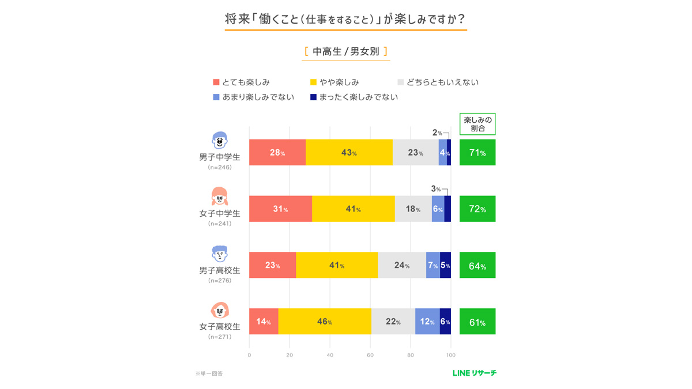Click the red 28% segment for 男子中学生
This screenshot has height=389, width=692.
click(x=277, y=153)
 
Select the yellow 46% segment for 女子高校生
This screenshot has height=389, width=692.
click(x=325, y=322)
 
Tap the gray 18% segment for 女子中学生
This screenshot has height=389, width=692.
click(x=413, y=209)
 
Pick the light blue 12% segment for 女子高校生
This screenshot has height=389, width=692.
click(x=427, y=322)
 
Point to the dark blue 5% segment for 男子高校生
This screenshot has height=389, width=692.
click(x=445, y=265)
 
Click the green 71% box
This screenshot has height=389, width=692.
click(x=477, y=153)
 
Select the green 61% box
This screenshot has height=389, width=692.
click(x=477, y=322)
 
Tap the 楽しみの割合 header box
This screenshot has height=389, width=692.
click(x=477, y=124)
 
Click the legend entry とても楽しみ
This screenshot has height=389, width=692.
click(x=242, y=82)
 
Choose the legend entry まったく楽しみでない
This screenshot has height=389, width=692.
click(x=354, y=97)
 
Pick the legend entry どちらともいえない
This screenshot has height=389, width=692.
click(x=438, y=82)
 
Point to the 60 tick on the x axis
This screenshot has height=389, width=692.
click(x=370, y=355)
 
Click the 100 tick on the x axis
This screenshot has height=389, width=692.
click(x=451, y=355)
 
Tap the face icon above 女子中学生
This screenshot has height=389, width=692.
click(x=220, y=196)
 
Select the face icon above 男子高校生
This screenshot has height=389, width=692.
click(x=220, y=253)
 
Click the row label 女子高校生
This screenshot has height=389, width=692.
click(x=220, y=326)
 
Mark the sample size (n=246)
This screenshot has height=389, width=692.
click(x=220, y=167)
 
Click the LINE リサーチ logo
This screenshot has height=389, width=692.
click(x=474, y=373)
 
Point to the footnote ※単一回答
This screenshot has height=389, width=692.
click(x=209, y=373)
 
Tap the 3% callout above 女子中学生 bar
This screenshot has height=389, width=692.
click(x=436, y=188)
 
